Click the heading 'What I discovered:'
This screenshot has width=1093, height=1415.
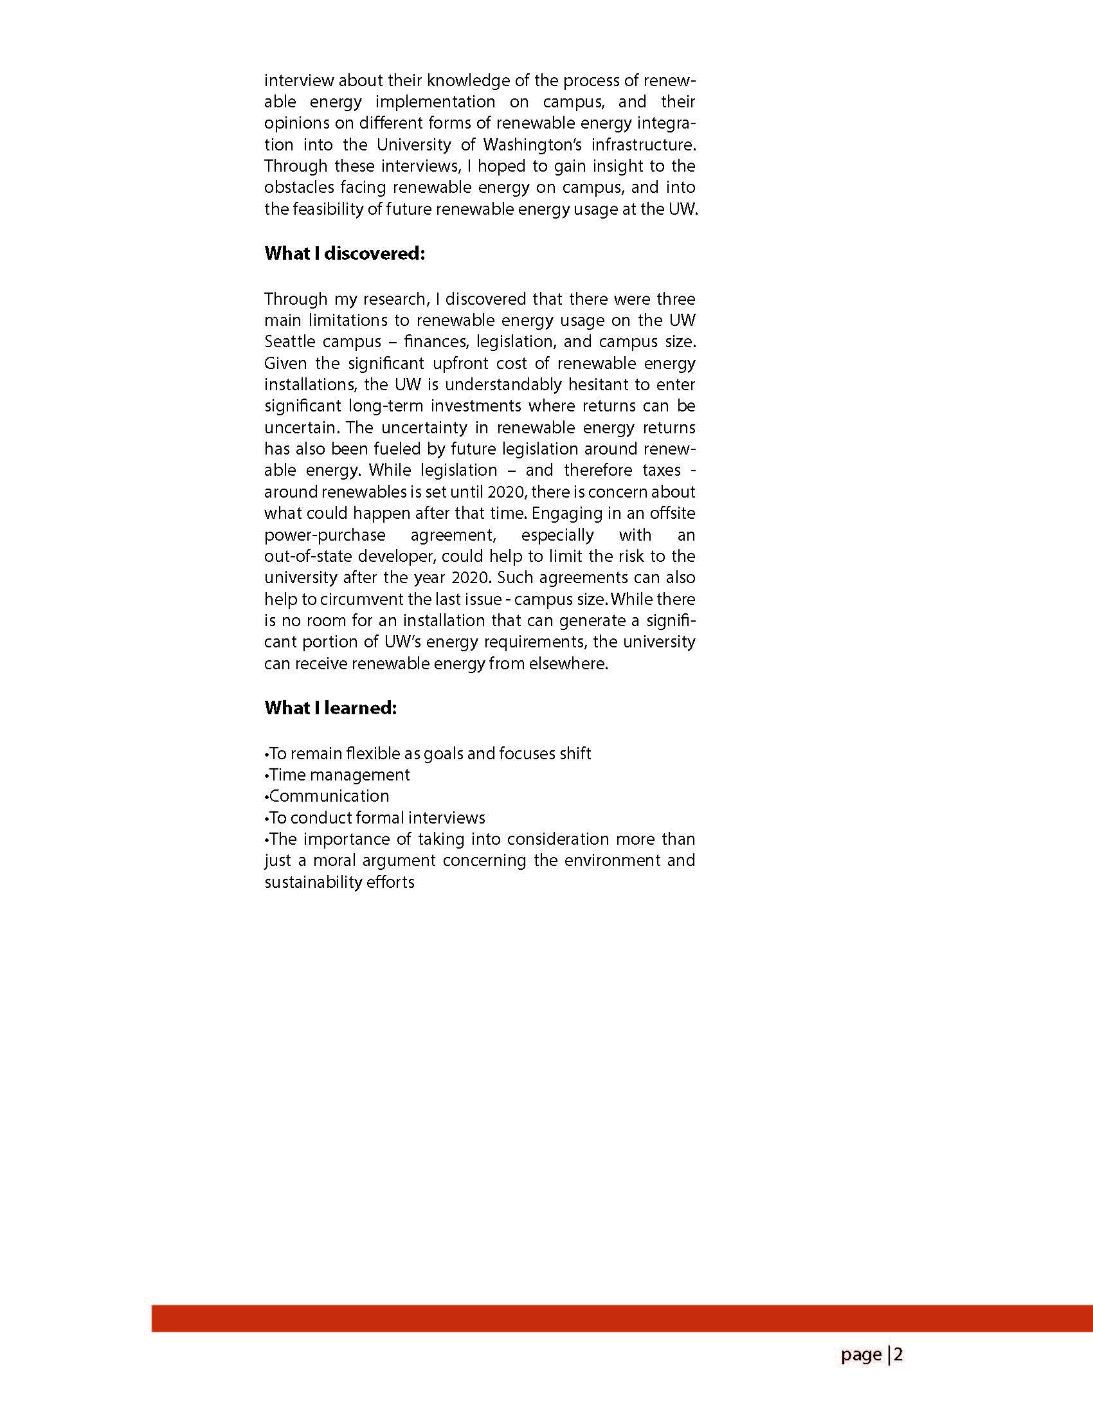click(344, 253)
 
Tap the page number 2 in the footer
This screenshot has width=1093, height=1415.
click(899, 1355)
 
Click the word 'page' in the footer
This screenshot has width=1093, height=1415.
click(861, 1355)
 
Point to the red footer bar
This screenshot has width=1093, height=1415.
click(622, 1318)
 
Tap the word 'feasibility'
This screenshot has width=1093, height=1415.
click(336, 210)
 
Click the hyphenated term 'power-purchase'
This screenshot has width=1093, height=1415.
click(325, 535)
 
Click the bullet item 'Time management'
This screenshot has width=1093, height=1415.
click(339, 775)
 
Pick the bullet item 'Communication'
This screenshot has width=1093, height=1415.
click(329, 797)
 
